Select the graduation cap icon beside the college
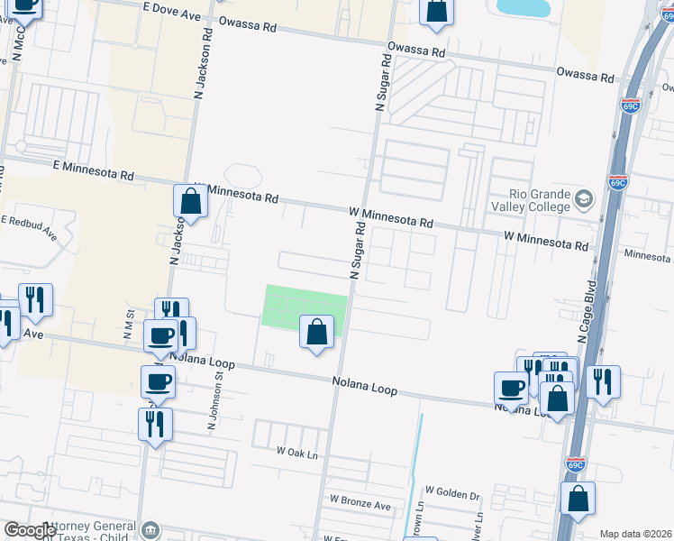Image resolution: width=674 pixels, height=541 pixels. (x=584, y=198)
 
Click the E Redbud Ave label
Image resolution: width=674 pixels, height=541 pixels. (x=29, y=228)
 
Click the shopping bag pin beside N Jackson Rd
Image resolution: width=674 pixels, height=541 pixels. (x=191, y=201)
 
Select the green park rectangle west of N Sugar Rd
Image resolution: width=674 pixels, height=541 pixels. (x=288, y=307)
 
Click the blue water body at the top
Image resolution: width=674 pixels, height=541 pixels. (x=524, y=7)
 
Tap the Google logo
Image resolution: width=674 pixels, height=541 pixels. (x=30, y=530)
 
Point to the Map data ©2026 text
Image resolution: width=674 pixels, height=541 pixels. (x=634, y=534)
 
